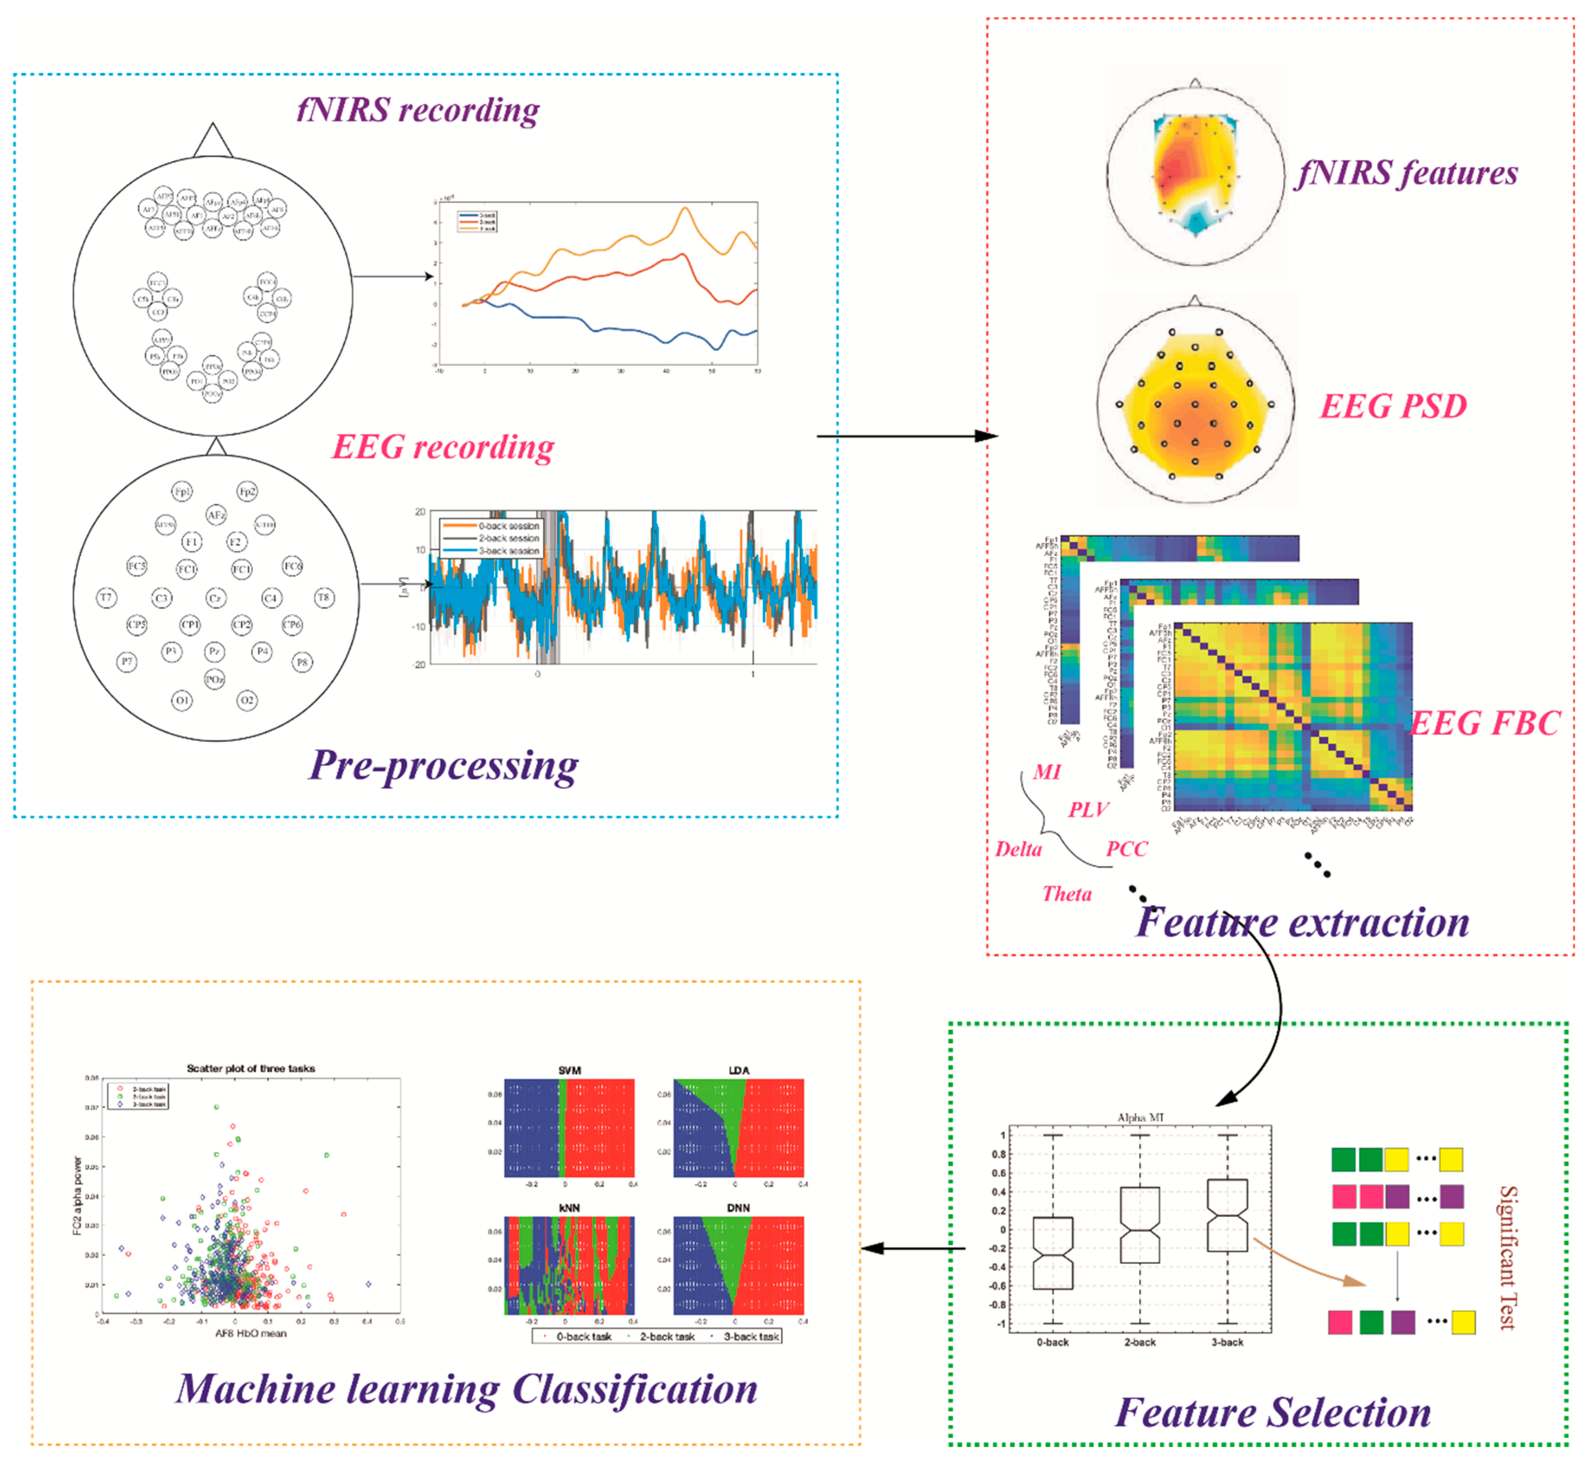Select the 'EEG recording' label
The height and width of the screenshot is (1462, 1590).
tap(443, 447)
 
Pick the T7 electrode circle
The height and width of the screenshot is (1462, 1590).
tap(106, 597)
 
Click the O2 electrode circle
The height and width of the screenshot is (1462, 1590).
tap(247, 700)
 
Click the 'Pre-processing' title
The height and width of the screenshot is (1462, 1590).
tap(443, 765)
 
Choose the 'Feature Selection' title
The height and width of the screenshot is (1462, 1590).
tap(1273, 1412)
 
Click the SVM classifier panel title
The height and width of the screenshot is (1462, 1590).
tap(570, 1070)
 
